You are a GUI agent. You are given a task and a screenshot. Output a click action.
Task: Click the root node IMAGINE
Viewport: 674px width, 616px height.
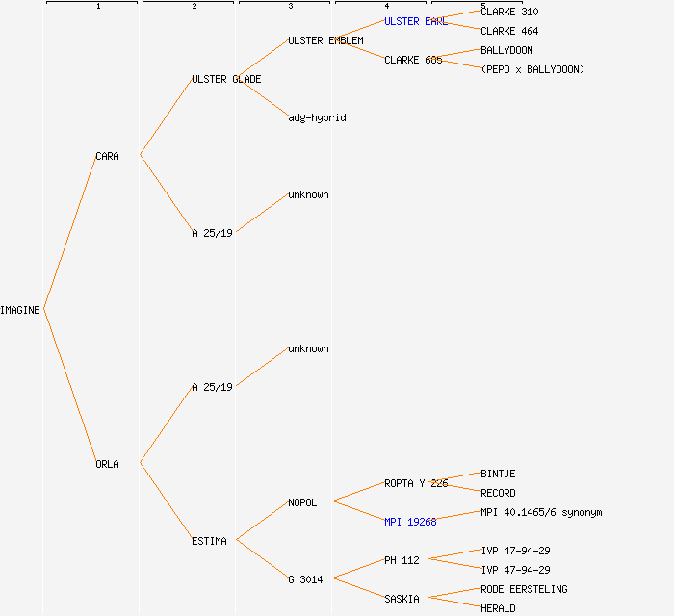coord(20,310)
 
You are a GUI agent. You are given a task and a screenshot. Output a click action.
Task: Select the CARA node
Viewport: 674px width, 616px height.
coord(107,156)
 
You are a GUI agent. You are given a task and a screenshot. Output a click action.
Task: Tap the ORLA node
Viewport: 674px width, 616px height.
coord(107,464)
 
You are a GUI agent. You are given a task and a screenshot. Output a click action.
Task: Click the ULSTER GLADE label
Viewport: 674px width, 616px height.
coord(226,79)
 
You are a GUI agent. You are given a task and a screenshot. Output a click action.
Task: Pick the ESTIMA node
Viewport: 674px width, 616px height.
coord(209,541)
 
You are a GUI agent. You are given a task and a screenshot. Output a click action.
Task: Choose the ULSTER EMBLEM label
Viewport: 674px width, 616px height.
coord(325,40)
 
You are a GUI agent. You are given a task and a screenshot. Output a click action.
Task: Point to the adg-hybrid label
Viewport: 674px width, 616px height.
coord(317,117)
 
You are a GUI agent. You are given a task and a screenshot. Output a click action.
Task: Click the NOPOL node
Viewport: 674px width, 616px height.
coord(302,502)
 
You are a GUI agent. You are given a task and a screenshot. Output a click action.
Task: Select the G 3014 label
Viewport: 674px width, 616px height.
coord(305,579)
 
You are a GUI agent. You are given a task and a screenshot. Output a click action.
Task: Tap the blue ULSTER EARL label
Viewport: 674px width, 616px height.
coord(415,21)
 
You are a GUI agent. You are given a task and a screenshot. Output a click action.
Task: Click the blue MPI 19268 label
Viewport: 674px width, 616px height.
coord(410,522)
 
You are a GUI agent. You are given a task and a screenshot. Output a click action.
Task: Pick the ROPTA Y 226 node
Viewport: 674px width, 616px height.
coord(416,483)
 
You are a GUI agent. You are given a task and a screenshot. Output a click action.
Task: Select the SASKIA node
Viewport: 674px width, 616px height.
coord(402,599)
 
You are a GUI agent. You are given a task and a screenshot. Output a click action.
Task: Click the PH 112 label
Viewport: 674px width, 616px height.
coord(402,560)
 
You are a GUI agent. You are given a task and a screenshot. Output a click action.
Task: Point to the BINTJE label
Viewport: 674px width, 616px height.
coord(498,474)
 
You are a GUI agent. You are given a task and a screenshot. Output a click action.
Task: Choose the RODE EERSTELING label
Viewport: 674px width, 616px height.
coord(524,589)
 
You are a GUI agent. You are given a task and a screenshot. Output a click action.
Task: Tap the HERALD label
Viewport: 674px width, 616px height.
coord(498,608)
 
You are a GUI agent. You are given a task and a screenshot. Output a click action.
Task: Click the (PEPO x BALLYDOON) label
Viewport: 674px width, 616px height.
coord(532,69)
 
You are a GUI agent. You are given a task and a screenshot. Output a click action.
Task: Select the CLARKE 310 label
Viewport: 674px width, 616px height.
coord(509,12)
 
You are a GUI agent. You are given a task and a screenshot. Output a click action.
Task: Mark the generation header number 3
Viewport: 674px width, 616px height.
coord(290,7)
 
